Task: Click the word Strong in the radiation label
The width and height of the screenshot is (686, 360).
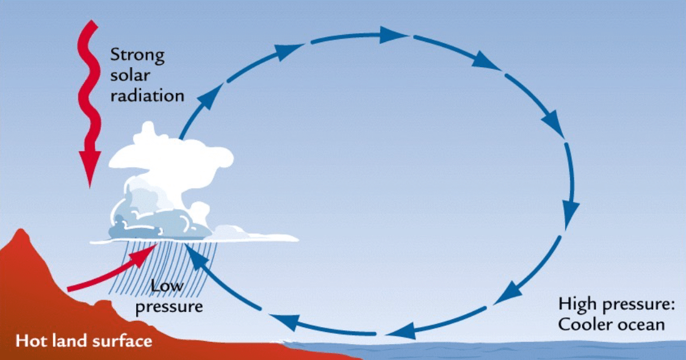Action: (x=137, y=55)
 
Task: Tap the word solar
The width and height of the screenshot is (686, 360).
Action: (x=129, y=76)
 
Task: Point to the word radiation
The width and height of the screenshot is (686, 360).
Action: (x=147, y=96)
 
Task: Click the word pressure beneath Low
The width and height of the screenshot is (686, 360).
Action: (x=169, y=306)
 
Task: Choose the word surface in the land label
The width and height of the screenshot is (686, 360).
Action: (x=120, y=340)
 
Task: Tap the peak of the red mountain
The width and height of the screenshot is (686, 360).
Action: (x=23, y=232)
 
